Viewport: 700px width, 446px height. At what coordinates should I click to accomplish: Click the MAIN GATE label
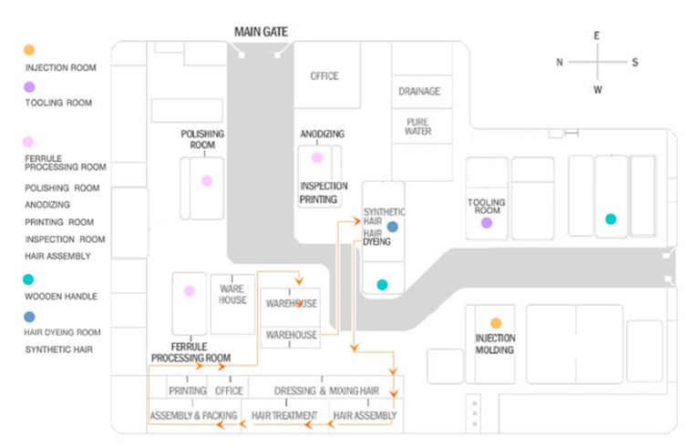(261, 32)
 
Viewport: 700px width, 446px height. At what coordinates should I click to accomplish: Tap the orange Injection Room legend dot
(29, 50)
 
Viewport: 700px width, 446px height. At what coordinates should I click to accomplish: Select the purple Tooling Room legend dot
(29, 87)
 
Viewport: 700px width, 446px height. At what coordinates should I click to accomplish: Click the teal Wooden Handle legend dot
(29, 279)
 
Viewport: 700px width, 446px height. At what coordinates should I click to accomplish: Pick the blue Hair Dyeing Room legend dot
(29, 317)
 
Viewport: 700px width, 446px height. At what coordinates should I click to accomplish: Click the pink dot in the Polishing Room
(207, 180)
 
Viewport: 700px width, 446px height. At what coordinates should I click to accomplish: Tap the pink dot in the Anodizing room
(317, 157)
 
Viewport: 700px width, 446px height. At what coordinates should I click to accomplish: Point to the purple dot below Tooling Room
(487, 222)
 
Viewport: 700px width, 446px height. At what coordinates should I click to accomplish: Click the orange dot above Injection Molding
(496, 323)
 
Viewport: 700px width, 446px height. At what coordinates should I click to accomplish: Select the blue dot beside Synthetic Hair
(392, 226)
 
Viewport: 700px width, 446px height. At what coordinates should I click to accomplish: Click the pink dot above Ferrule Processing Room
(190, 291)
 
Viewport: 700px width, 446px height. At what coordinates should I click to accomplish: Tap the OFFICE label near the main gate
(324, 76)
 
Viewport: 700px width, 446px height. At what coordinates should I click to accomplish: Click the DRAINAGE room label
(419, 91)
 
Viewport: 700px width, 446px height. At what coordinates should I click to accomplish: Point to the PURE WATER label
(418, 127)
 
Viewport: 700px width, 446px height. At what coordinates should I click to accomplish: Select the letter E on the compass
(597, 35)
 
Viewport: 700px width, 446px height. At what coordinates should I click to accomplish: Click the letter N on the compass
(560, 62)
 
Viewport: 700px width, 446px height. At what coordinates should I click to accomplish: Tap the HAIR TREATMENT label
(283, 416)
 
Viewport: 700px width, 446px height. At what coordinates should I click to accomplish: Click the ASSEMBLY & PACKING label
(193, 416)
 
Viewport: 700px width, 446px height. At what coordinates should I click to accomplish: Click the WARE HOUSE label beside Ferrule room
(232, 294)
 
